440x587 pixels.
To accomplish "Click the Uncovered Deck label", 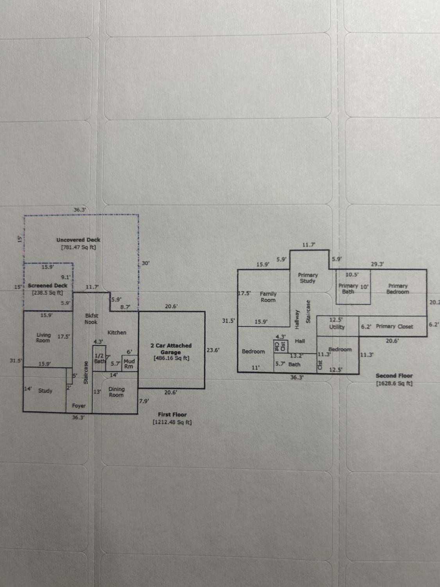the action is [x=78, y=240].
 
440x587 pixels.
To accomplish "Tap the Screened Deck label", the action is [x=48, y=286].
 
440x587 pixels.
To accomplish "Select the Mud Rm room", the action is [x=130, y=363].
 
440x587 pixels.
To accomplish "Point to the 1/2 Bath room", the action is [x=99, y=358].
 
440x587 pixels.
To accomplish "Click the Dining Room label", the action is [x=117, y=392].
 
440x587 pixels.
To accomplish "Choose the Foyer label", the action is [x=79, y=406].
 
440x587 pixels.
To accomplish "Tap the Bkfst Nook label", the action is [x=92, y=319].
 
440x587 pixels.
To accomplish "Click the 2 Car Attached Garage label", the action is [x=171, y=349].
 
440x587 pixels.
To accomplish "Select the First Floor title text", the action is [x=172, y=414].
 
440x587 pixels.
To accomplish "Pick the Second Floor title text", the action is [x=394, y=376].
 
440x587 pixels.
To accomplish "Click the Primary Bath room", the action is [x=353, y=287].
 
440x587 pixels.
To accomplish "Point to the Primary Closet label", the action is [x=394, y=326].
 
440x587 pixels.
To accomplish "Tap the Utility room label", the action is [x=337, y=327].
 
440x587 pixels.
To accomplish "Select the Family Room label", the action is [x=268, y=297].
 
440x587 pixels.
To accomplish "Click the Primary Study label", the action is [x=308, y=278].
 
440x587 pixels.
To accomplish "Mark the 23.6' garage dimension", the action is [x=213, y=350].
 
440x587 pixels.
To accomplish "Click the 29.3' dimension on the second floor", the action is [x=377, y=264].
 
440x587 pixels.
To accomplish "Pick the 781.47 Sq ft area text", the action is [x=79, y=247].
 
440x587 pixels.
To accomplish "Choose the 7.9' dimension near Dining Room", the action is [x=144, y=401].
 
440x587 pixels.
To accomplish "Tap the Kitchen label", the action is [x=117, y=332].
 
